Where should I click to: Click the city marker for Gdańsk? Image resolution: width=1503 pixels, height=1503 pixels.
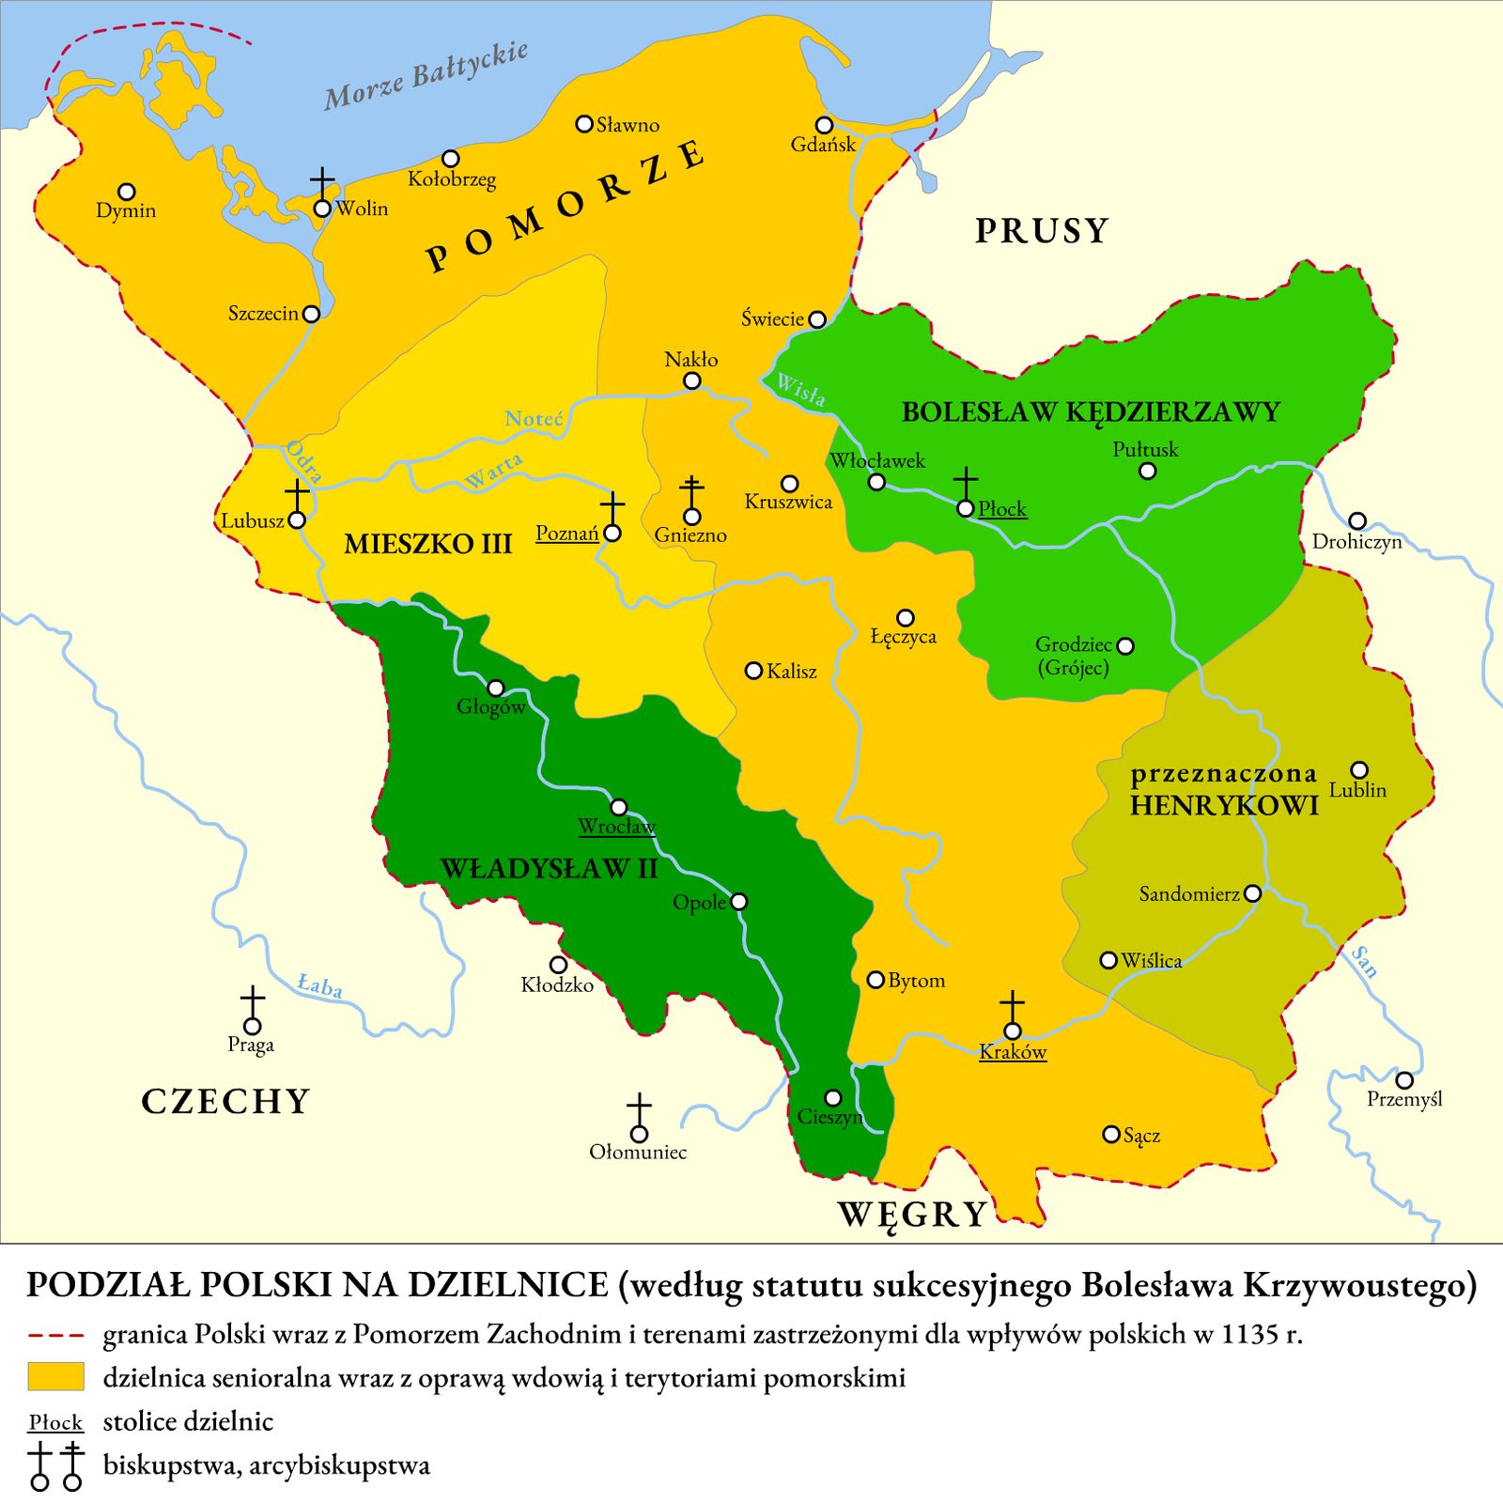[824, 125]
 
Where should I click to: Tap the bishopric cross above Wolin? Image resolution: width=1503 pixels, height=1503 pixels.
[322, 182]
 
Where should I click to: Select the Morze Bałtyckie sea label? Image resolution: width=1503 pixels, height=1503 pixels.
[426, 76]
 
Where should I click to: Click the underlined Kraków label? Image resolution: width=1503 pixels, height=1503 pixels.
[1013, 1052]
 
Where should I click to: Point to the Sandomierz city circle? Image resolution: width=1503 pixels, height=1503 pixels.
[1252, 893]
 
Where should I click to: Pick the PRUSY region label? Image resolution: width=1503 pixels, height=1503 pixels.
[1042, 231]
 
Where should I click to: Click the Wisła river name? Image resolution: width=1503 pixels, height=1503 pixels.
[800, 390]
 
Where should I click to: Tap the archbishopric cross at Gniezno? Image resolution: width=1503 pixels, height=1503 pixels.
[692, 492]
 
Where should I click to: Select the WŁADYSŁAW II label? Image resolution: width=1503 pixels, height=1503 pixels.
[550, 868]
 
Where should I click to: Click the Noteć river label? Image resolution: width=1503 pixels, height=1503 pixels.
[534, 419]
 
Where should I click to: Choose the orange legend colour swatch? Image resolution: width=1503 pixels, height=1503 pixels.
[55, 1376]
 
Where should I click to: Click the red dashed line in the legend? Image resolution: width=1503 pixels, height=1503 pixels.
[55, 1335]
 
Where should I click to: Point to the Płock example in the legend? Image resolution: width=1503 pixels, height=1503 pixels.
[55, 1422]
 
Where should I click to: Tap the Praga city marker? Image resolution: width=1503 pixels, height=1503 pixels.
[252, 1027]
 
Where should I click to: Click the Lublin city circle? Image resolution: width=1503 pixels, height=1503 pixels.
[1358, 770]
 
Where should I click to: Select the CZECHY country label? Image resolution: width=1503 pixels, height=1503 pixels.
[225, 1101]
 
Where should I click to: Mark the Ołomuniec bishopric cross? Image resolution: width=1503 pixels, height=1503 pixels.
[639, 1110]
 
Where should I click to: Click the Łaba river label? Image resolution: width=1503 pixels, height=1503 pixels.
[319, 986]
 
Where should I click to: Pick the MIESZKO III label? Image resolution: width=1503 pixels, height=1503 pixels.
[427, 544]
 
